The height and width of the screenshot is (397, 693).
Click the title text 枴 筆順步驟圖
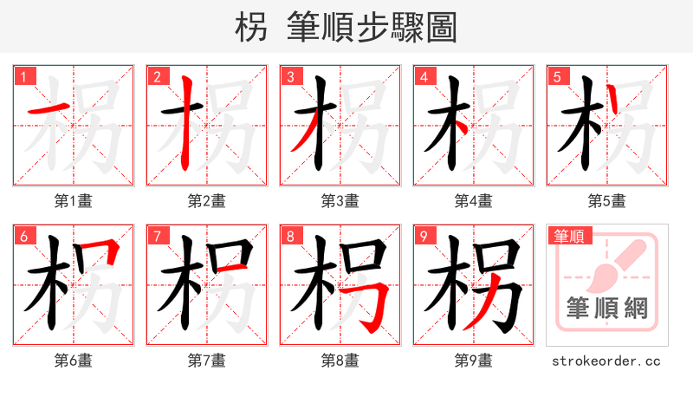pyautogui.click(x=346, y=27)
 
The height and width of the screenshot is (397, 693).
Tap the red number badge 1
pyautogui.click(x=24, y=77)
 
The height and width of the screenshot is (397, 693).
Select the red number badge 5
pyautogui.click(x=558, y=77)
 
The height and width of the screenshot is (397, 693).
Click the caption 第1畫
pyautogui.click(x=73, y=201)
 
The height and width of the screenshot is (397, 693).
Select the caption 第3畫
pyautogui.click(x=340, y=201)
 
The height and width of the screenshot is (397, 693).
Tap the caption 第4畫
pyautogui.click(x=473, y=201)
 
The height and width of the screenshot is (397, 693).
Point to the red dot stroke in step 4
pyautogui.click(x=463, y=127)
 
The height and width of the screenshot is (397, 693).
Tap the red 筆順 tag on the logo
pyautogui.click(x=568, y=236)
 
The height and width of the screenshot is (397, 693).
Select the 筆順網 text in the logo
pyautogui.click(x=606, y=309)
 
